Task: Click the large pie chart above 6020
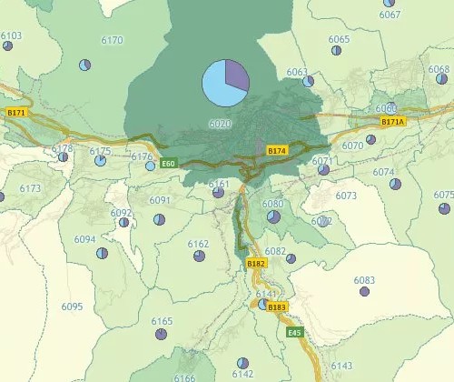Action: [225, 83]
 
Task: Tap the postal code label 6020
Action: [220, 124]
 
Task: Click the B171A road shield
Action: [393, 121]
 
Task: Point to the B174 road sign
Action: [277, 149]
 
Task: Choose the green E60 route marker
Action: [167, 164]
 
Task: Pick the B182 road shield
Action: [257, 263]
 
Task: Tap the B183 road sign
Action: [277, 307]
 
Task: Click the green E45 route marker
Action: [294, 333]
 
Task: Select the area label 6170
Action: [113, 41]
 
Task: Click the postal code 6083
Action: [364, 280]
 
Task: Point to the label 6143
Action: [341, 366]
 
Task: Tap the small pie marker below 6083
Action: [364, 292]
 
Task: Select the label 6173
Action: [30, 188]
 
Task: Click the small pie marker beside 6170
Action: [84, 65]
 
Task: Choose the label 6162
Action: [198, 244]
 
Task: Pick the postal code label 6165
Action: [162, 322]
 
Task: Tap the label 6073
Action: [346, 196]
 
